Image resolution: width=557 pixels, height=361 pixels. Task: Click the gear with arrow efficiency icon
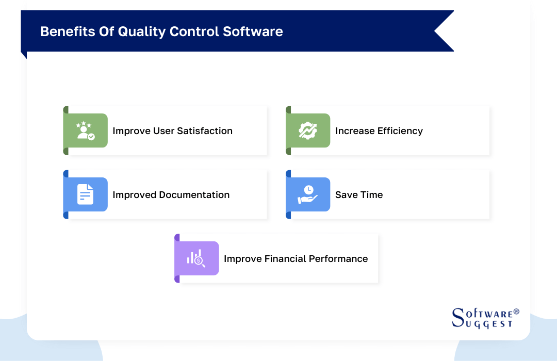(x=308, y=131)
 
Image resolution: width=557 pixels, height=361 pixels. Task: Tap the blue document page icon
(x=85, y=195)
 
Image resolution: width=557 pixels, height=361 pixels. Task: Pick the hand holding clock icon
(x=308, y=195)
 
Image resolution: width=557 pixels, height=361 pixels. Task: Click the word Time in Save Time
(x=372, y=195)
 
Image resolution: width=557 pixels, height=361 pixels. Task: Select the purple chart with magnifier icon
(x=196, y=259)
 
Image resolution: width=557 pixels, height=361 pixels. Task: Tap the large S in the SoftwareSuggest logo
(x=457, y=318)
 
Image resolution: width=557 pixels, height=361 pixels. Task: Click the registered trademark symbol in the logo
(x=516, y=312)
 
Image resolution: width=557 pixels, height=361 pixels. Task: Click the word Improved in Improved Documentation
(x=134, y=195)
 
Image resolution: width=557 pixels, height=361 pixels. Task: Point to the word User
(x=164, y=131)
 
